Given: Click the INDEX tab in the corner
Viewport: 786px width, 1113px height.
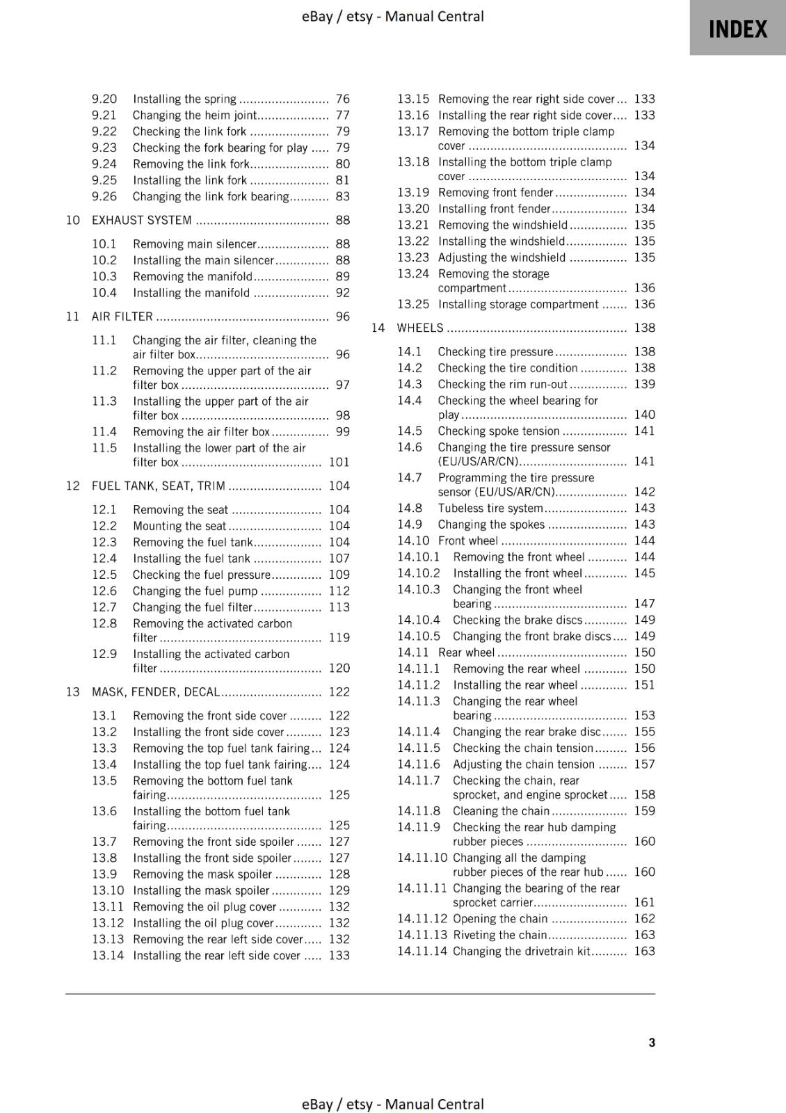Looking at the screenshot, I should tap(737, 29).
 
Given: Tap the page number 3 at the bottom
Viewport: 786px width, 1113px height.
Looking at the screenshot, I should tap(651, 1042).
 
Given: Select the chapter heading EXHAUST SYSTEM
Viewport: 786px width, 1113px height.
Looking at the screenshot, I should tap(141, 221).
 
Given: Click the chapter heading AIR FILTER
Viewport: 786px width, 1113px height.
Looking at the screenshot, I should tap(122, 317).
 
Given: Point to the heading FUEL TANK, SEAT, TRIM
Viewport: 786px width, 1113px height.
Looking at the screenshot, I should tap(158, 486).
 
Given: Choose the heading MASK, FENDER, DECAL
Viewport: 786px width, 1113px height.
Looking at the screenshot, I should tap(155, 692).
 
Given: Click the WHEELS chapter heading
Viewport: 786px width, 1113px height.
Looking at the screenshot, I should tap(419, 328).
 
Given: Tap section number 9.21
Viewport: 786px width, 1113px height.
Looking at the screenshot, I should tap(104, 115).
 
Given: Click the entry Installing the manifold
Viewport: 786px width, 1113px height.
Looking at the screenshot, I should tap(191, 293).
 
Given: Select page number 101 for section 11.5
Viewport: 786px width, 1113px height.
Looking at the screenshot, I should tap(339, 462).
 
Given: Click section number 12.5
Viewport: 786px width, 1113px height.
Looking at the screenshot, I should tap(104, 575).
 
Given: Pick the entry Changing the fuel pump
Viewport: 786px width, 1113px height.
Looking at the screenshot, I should tap(195, 591).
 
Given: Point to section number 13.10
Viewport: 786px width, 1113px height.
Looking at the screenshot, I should tap(108, 890).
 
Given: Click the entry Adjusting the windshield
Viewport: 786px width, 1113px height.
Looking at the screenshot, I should tap(502, 257).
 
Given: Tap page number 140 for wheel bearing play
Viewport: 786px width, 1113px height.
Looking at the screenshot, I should tap(644, 415).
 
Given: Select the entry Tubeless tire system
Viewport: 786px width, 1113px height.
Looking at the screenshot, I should tap(490, 509).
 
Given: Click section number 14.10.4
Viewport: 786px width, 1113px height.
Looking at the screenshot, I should tap(419, 620).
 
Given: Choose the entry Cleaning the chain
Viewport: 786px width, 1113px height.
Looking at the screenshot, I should tap(501, 811).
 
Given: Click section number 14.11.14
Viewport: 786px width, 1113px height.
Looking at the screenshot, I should tap(422, 951).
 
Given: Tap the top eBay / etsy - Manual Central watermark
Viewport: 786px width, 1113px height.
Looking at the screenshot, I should tap(392, 17).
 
